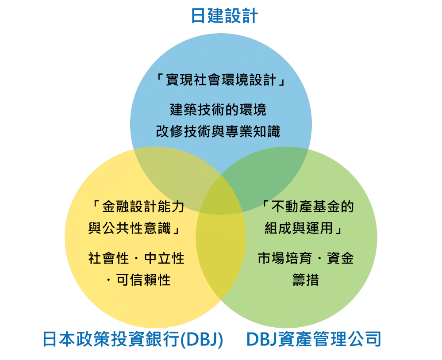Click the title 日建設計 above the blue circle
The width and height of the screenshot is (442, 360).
pyautogui.click(x=224, y=16)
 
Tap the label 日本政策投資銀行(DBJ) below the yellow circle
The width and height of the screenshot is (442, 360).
pyautogui.click(x=133, y=340)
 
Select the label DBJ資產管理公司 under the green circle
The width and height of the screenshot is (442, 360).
pyautogui.click(x=313, y=340)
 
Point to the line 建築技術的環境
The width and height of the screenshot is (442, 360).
pyautogui.click(x=218, y=109)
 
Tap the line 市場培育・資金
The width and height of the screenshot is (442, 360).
pyautogui.click(x=306, y=258)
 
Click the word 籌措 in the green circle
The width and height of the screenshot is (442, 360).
pyautogui.click(x=305, y=280)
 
